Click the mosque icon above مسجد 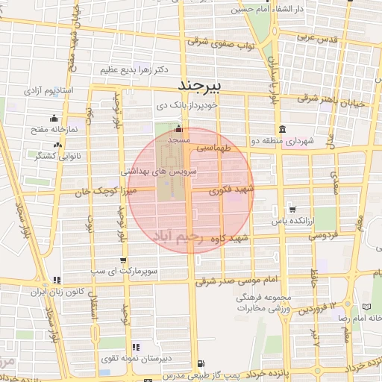[x=178, y=129]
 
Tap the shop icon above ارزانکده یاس [x=291, y=210]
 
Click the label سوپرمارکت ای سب [x=122, y=272]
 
